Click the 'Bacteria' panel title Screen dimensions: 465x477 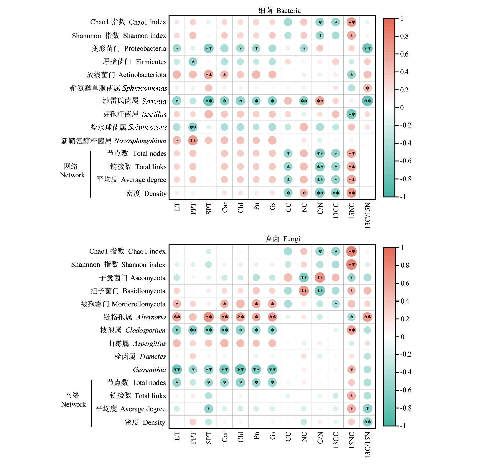click(x=279, y=11)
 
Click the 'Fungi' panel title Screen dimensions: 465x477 click(x=283, y=239)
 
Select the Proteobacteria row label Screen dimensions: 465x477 click(x=129, y=48)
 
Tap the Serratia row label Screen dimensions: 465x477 click(x=135, y=101)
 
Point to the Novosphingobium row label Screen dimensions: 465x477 click(x=114, y=141)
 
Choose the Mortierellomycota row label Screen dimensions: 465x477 click(x=123, y=304)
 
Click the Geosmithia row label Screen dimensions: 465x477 click(x=149, y=370)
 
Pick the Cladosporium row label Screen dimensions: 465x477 click(x=133, y=330)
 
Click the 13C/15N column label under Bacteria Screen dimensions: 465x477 click(x=368, y=215)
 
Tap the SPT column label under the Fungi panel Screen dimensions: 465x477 click(x=209, y=438)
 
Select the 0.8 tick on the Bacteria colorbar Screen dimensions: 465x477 click(x=404, y=36)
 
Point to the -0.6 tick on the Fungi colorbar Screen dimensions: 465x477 click(x=406, y=390)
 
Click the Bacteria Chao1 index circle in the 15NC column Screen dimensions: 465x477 click(x=351, y=22)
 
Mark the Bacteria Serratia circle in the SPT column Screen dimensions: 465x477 click(x=208, y=101)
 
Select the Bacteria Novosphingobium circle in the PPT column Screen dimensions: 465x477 click(x=193, y=141)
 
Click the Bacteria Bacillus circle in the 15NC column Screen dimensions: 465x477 click(x=351, y=114)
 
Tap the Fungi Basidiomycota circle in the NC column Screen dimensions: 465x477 click(x=304, y=291)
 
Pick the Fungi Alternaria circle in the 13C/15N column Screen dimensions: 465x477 click(x=367, y=317)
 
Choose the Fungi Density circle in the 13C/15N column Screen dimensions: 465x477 click(x=367, y=422)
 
